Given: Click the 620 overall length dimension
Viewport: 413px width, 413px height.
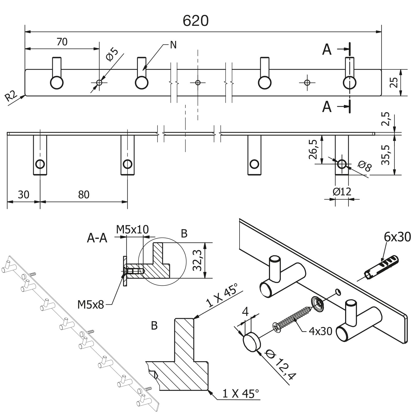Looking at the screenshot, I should click(x=195, y=21).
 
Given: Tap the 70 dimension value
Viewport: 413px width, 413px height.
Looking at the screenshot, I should click(x=62, y=42).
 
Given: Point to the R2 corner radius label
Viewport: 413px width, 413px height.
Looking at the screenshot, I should click(x=11, y=96).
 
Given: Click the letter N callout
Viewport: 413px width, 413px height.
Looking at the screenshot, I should click(x=173, y=45).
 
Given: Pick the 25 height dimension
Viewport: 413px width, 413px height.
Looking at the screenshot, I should click(x=394, y=82).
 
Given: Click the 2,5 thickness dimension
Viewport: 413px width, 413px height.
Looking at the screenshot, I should click(x=387, y=119).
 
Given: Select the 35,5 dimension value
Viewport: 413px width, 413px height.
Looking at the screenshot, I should click(x=386, y=154).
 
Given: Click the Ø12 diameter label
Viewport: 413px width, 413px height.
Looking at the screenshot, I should click(x=342, y=192).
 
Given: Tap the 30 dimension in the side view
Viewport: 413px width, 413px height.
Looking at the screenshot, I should click(x=23, y=195).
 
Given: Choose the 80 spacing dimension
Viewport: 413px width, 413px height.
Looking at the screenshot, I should click(x=84, y=195).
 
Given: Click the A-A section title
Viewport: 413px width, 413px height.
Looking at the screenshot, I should click(x=97, y=238).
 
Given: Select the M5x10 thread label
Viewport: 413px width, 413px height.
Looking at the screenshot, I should click(x=132, y=229).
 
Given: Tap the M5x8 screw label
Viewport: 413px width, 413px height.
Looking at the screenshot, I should click(x=91, y=305).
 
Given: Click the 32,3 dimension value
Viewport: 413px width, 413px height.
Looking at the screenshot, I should click(x=197, y=260).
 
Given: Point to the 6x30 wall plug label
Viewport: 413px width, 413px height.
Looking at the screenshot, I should click(x=397, y=237).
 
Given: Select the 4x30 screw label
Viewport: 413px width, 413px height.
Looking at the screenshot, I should click(x=320, y=331).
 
